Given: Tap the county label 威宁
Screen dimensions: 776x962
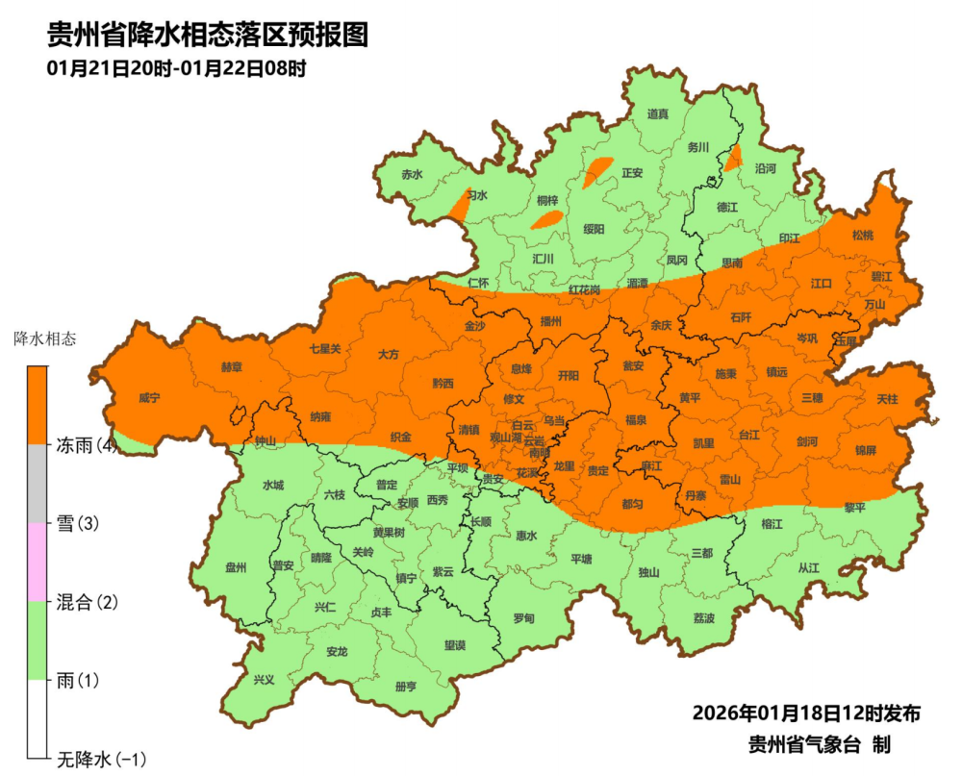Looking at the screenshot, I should pos(148,397).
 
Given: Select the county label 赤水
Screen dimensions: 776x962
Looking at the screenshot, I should pos(412,174).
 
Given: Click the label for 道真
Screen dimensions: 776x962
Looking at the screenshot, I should pos(657,113).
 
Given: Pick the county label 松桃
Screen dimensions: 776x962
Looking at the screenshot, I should pos(863,235).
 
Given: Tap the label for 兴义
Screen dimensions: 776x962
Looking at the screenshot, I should pos(264,679).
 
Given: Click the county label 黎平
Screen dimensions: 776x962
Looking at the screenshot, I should pos(855,507).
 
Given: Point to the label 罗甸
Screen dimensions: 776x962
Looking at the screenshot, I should pos(523,618).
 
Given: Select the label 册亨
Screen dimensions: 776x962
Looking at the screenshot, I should pos(406,687).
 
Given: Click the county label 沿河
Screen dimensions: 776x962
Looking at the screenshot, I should pos(765,167).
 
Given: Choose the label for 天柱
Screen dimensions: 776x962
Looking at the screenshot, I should pos(886,398).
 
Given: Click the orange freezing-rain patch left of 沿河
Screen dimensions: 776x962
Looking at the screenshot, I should pos(734,156).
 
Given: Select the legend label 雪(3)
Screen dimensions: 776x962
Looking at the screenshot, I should pos(78,524).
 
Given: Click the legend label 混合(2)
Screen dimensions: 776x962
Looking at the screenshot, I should pos(86,603).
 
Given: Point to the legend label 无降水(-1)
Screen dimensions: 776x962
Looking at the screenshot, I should pos(101,760).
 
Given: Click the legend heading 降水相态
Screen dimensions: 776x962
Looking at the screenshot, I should pos(45,338).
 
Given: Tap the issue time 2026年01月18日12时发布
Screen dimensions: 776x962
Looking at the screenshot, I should pos(806,713).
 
